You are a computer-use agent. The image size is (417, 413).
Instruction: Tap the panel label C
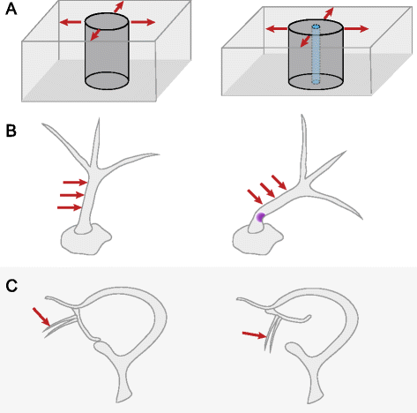coord(10,285)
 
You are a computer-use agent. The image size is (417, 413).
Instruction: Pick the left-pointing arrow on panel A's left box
coord(73,20)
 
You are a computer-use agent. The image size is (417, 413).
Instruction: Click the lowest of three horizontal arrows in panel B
coord(71,207)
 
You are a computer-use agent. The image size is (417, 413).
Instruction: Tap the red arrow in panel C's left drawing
coord(40,315)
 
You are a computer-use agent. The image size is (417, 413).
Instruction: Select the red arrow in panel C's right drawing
coord(254,334)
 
